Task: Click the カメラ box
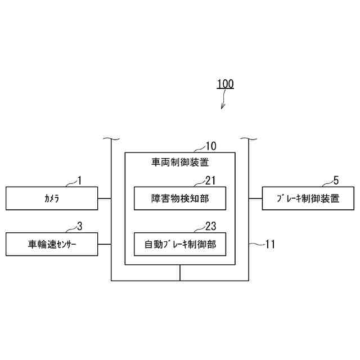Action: [52, 199]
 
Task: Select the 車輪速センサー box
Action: [52, 244]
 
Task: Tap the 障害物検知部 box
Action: [180, 199]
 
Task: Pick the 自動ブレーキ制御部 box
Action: [180, 244]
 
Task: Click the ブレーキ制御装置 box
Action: [308, 199]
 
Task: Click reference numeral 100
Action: [225, 84]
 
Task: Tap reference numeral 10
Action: [210, 146]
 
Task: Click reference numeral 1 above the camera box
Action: [79, 181]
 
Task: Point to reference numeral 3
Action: [79, 226]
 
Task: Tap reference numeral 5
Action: [336, 181]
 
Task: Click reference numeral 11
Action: [270, 244]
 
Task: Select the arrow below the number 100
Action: [223, 102]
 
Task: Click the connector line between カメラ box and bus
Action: [105, 199]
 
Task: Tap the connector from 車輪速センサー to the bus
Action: [105, 244]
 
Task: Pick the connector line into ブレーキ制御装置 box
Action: [255, 199]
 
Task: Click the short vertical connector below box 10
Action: [180, 272]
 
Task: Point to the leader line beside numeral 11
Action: [256, 244]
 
